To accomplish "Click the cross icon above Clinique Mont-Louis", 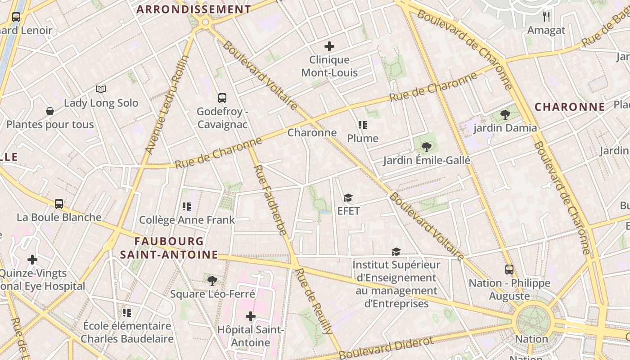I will [x=329, y=46].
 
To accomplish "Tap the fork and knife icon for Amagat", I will [x=546, y=17].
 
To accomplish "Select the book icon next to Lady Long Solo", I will [x=101, y=90].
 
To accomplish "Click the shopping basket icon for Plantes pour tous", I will [x=50, y=111].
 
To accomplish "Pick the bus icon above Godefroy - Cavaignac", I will [x=222, y=98].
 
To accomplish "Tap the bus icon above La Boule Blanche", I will [x=59, y=203].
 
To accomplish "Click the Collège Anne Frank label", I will [x=187, y=220].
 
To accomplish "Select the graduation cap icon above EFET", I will [x=348, y=198].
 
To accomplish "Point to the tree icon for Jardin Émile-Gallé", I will [x=426, y=147].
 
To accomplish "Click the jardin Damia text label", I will [x=505, y=128].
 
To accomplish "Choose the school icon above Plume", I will [x=363, y=125].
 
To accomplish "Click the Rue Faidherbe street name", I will [x=270, y=200].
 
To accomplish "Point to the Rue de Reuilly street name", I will [x=314, y=301].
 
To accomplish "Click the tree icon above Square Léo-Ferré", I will [x=212, y=281].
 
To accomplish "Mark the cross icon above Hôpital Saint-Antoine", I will [x=251, y=316].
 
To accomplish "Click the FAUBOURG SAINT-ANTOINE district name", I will [x=169, y=248].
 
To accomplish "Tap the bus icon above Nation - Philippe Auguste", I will [x=509, y=270].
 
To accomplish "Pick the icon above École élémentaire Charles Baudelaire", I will [x=127, y=312].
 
